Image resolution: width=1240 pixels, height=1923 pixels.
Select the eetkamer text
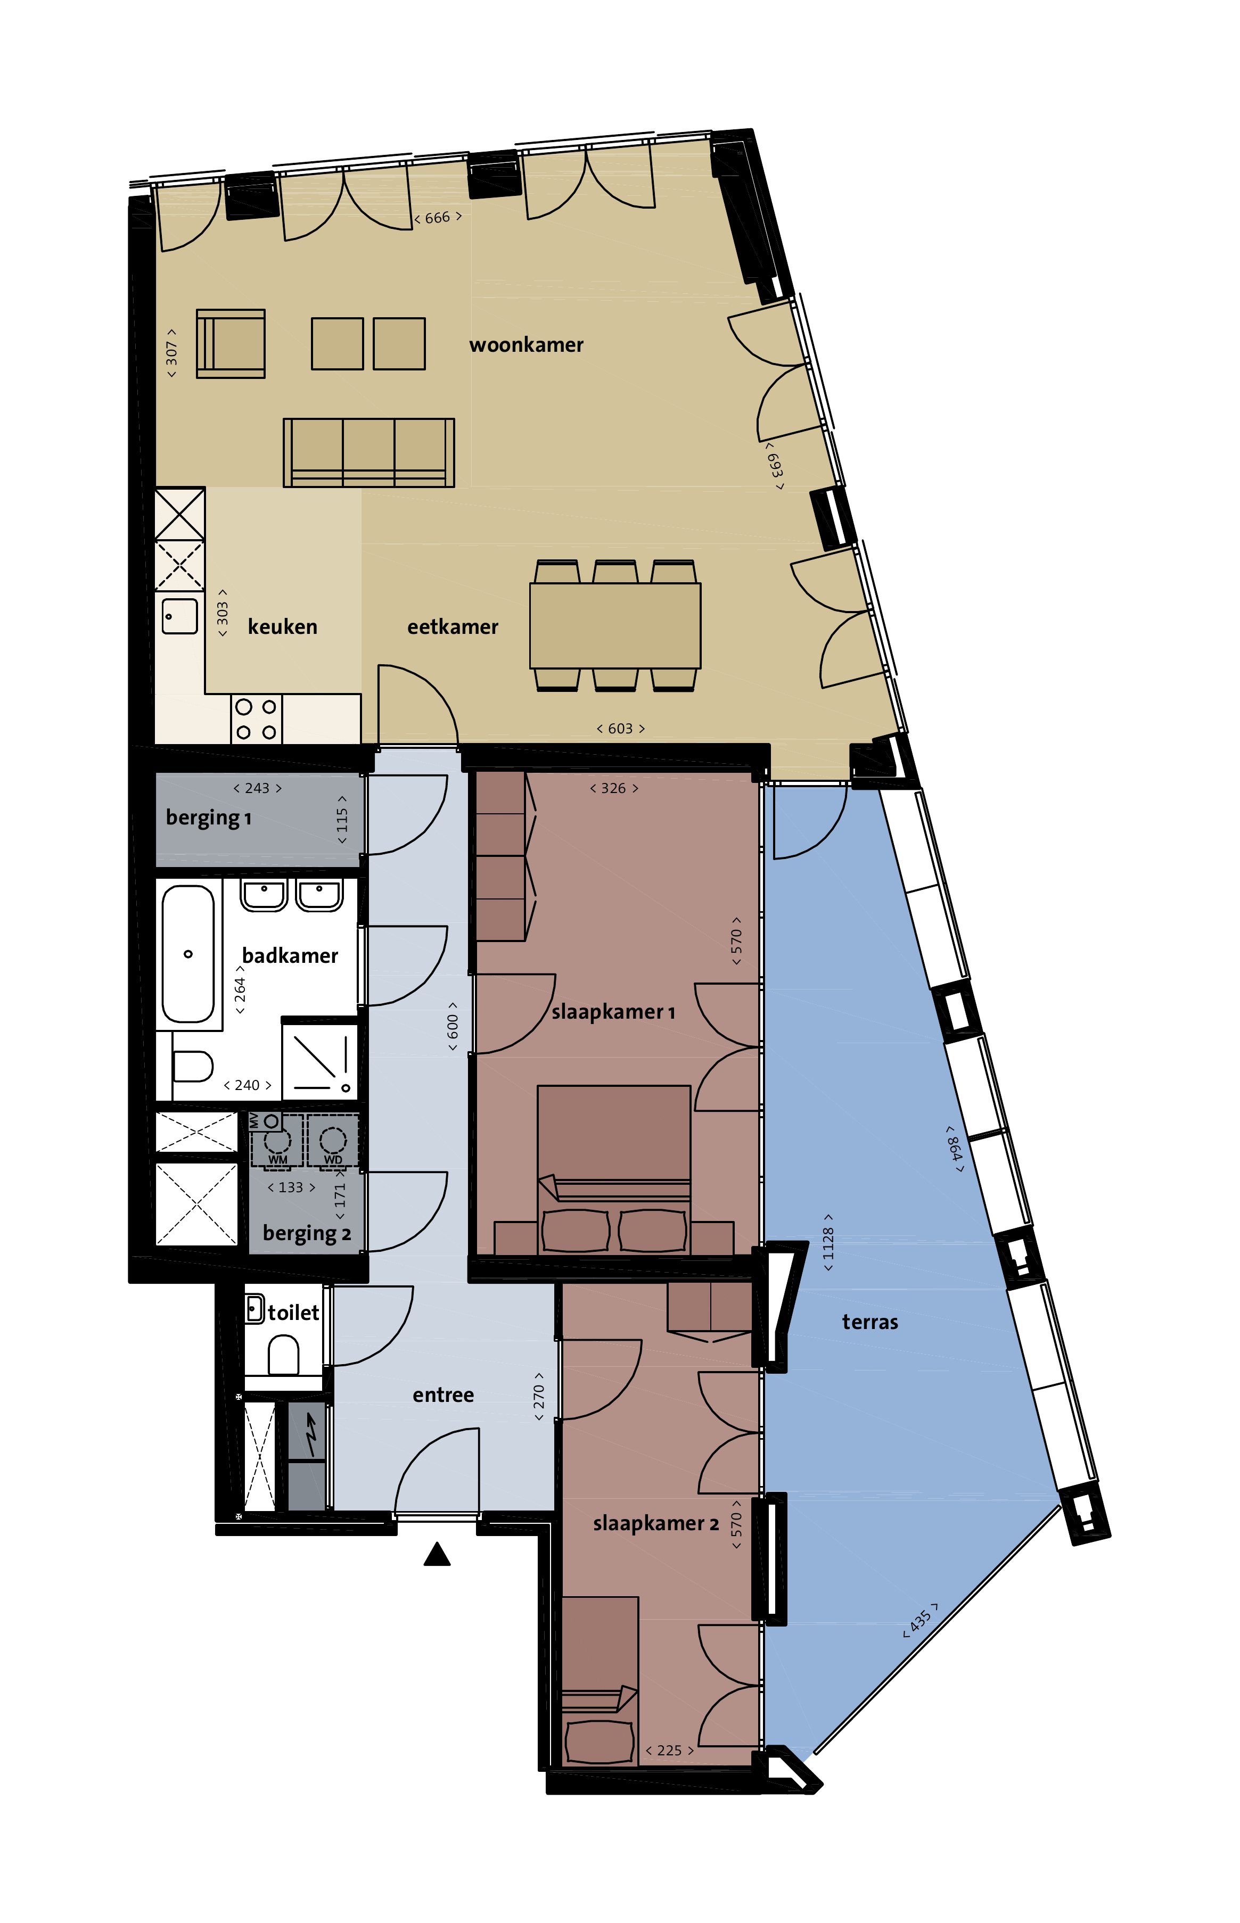(453, 626)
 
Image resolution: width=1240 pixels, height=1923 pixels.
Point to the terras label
(869, 1322)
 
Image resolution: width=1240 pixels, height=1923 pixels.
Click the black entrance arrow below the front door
(437, 1554)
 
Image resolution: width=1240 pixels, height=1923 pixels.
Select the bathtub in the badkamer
(188, 954)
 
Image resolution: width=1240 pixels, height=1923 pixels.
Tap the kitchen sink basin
(179, 616)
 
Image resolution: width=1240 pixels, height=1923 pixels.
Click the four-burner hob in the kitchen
(256, 719)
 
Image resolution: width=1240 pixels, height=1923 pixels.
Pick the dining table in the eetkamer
(615, 625)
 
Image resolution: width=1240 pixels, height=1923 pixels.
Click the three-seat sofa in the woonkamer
(369, 452)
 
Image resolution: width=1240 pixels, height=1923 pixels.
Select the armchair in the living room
(231, 344)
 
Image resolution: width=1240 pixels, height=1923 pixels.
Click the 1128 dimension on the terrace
(828, 1243)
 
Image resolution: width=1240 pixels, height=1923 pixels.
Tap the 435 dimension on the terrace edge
(921, 1620)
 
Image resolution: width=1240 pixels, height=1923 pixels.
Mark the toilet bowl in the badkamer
(192, 1067)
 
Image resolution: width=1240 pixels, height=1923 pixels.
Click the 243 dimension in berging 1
(258, 788)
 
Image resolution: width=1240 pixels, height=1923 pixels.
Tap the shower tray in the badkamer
(319, 1059)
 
